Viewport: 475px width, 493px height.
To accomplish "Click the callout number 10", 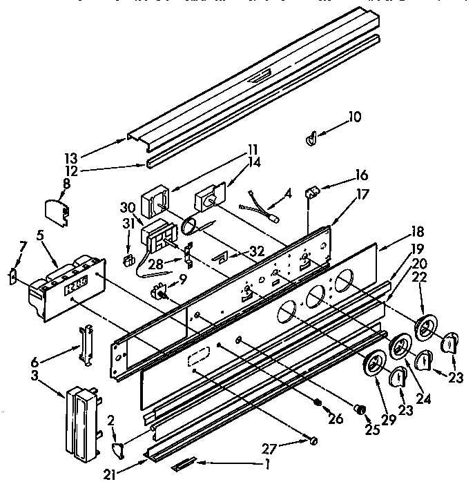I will tap(354, 117).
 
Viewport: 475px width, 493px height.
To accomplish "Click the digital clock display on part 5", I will tap(78, 284).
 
